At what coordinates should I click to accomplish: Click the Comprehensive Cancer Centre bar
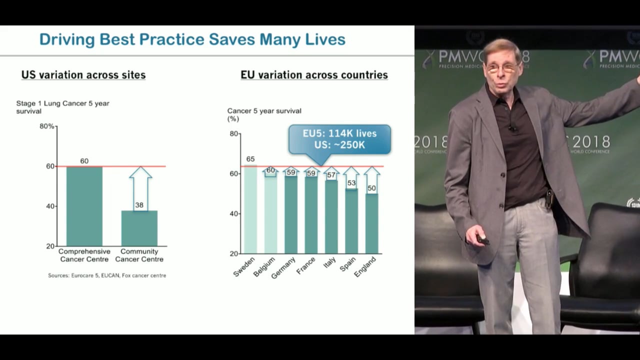click(84, 206)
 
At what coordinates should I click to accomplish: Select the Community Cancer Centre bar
click(139, 228)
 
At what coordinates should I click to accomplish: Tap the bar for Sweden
click(250, 210)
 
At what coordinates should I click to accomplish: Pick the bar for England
click(371, 223)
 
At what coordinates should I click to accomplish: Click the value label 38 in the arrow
click(139, 205)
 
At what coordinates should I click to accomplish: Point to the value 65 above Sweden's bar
click(250, 159)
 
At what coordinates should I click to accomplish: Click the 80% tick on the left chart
click(47, 126)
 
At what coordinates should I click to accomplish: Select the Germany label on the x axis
click(283, 268)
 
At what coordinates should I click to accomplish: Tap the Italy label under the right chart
click(329, 262)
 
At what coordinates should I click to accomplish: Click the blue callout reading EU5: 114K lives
click(339, 139)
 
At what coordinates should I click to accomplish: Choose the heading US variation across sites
click(83, 75)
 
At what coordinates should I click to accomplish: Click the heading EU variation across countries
click(314, 75)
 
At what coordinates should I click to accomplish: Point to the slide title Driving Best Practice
click(192, 39)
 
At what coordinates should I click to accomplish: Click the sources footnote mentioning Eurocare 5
click(107, 275)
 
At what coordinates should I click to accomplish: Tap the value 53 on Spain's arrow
click(351, 183)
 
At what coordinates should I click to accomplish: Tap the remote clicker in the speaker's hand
click(482, 239)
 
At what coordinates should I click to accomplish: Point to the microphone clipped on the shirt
click(512, 128)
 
